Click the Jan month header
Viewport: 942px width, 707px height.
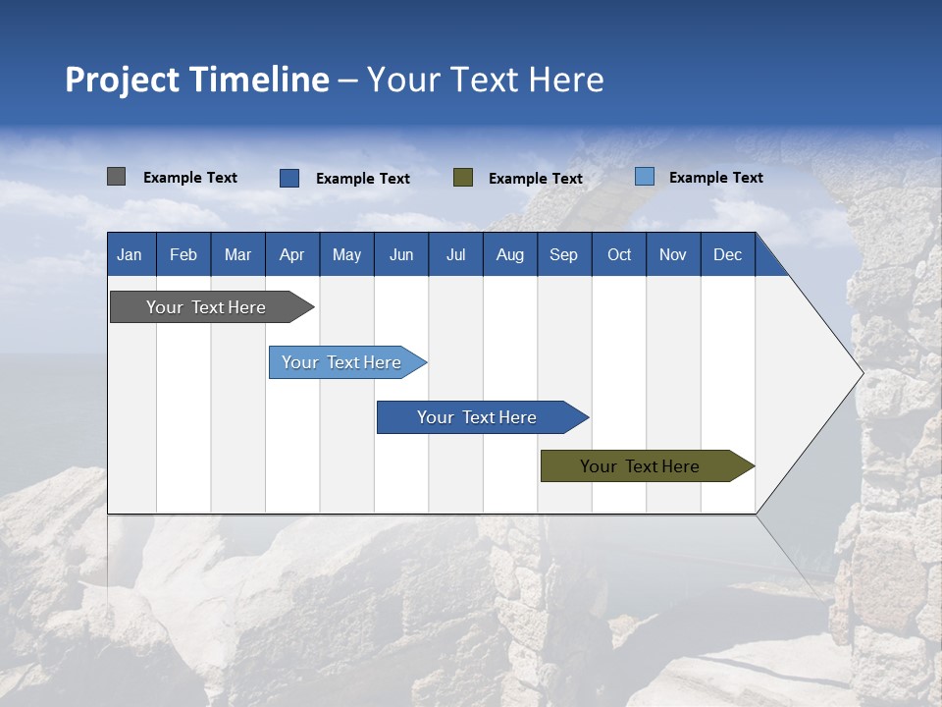(x=130, y=254)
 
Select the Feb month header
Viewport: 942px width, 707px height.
(x=183, y=254)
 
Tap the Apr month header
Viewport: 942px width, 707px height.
(x=291, y=254)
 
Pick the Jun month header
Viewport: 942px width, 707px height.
(x=401, y=254)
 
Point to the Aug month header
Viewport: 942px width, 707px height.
(x=509, y=254)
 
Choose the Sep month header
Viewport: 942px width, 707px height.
(x=563, y=254)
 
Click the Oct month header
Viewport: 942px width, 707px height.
(x=619, y=254)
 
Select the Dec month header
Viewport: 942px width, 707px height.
(x=727, y=254)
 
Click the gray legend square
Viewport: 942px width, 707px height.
(x=116, y=177)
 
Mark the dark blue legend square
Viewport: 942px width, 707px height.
(x=289, y=178)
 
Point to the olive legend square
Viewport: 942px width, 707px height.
(x=463, y=178)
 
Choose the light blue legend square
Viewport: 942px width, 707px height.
(x=644, y=177)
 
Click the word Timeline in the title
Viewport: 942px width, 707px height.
(x=258, y=80)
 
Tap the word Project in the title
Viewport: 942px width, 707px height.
(x=121, y=80)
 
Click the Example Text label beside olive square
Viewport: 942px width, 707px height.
(x=536, y=179)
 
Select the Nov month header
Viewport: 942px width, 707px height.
(x=673, y=254)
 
